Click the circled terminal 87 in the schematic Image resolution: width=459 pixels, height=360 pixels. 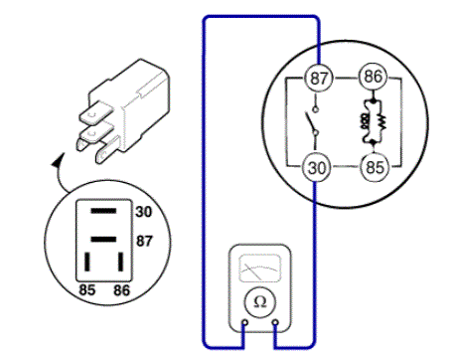[318, 78]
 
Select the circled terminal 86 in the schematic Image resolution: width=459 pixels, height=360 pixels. [373, 77]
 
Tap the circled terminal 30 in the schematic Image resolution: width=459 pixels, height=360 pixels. [317, 167]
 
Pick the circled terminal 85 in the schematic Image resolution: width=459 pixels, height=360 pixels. [375, 167]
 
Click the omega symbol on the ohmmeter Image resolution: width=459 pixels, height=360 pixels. [259, 302]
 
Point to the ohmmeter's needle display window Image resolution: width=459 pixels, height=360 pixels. [259, 269]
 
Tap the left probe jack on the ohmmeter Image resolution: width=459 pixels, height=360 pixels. [244, 322]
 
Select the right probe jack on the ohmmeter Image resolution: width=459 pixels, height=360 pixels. [275, 322]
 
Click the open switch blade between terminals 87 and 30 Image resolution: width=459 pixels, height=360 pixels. [310, 122]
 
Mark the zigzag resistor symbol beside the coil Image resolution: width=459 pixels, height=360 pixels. [382, 122]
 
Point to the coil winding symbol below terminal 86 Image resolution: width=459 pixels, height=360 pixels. [365, 121]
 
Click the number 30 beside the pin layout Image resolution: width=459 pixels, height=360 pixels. [143, 212]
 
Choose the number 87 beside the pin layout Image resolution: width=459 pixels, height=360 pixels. [144, 241]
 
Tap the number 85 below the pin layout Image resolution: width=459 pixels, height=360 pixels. [87, 289]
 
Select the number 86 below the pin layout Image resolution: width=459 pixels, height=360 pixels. [121, 290]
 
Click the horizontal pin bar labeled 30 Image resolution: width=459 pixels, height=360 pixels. [103, 211]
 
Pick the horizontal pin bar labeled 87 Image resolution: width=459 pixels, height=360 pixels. [103, 240]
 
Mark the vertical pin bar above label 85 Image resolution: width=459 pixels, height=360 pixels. [87, 262]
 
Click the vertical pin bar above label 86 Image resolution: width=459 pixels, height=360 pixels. [121, 262]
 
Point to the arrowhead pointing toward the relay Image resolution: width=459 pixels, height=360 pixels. [58, 161]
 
